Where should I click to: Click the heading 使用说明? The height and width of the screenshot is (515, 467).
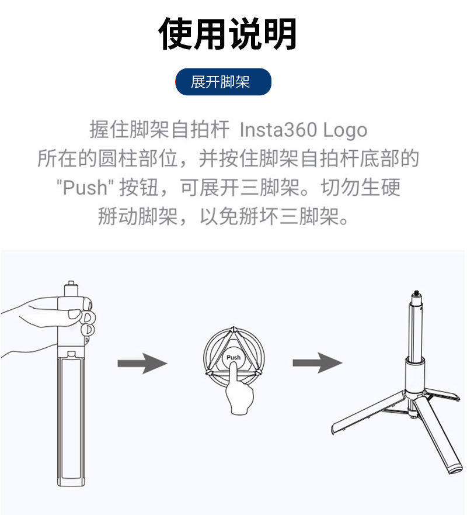click(228, 34)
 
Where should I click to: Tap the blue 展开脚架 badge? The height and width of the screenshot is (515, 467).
click(223, 82)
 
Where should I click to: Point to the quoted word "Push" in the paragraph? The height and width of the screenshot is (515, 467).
click(82, 188)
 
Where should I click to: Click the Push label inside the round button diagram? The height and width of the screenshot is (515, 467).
click(233, 357)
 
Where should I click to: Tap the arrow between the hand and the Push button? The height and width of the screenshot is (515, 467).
click(142, 363)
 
